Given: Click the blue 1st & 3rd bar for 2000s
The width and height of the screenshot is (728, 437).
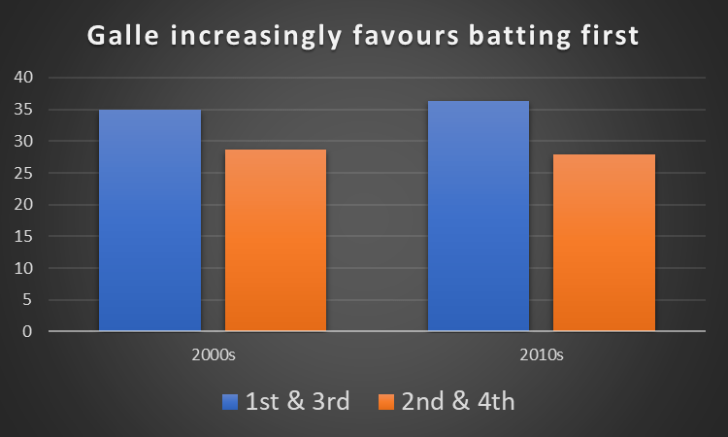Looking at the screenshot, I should pyautogui.click(x=149, y=220).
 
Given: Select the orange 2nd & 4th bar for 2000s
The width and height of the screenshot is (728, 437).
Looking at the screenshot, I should pyautogui.click(x=275, y=241).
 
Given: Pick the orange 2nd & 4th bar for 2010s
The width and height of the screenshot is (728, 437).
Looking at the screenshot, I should pyautogui.click(x=604, y=243).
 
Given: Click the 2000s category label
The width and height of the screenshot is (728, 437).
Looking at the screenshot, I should pyautogui.click(x=213, y=355).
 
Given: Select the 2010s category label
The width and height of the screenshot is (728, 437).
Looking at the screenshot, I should pyautogui.click(x=541, y=355).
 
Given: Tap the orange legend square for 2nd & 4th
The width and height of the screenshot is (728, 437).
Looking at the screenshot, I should pyautogui.click(x=386, y=401).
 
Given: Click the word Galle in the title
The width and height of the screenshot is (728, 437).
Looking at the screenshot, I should pyautogui.click(x=123, y=36).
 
